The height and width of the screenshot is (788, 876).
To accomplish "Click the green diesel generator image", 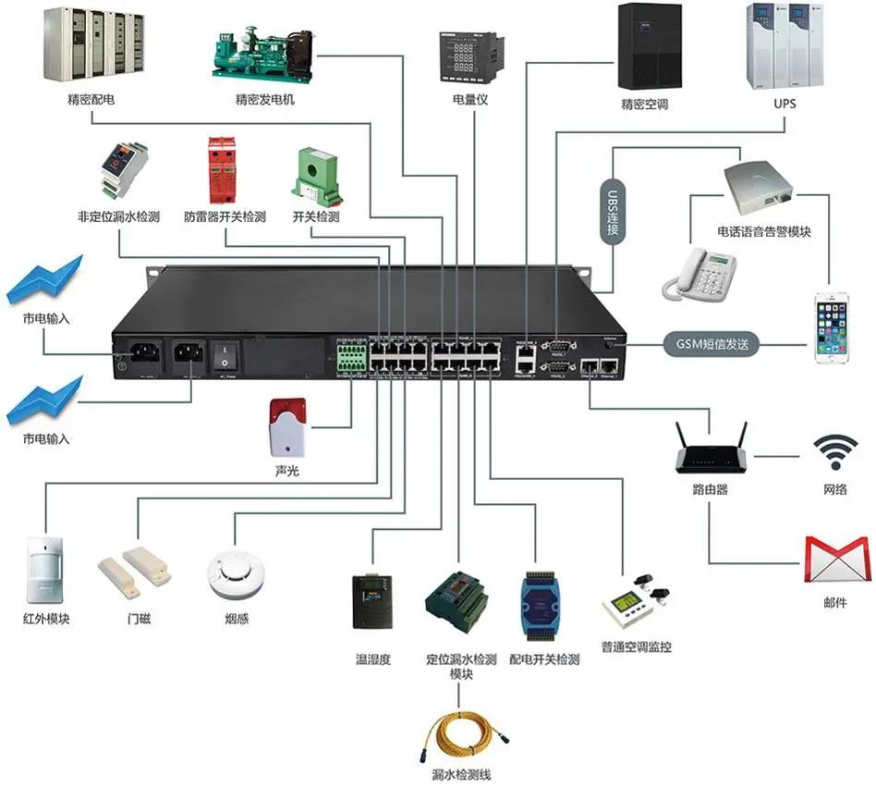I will tap(263, 53).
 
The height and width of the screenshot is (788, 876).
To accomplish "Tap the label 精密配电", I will tap(91, 98).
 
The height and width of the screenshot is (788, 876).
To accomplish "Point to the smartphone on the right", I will tap(830, 327).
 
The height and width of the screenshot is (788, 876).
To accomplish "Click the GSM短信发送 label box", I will tap(711, 345).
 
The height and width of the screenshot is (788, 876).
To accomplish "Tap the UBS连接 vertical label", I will tap(611, 211).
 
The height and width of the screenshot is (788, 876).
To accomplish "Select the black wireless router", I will tap(710, 453).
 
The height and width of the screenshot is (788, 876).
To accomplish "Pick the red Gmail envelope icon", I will tap(837, 560).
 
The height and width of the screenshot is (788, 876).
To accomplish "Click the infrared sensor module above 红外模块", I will tap(45, 568).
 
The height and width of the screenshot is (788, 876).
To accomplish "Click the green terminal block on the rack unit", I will tap(349, 356).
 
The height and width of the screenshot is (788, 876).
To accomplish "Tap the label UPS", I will tap(784, 104).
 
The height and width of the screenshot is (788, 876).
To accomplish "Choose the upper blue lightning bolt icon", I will tap(44, 280).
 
